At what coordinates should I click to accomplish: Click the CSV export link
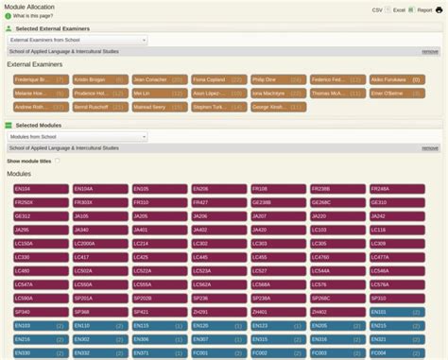(376, 9)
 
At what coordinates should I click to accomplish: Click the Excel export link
(399, 9)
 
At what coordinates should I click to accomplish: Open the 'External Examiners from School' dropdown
(78, 41)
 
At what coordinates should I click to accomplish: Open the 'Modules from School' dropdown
(78, 137)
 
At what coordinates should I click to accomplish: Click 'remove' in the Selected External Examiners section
(429, 52)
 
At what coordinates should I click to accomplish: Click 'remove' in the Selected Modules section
(429, 148)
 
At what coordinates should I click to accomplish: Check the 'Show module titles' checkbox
(57, 162)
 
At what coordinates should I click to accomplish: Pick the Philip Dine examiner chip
(278, 80)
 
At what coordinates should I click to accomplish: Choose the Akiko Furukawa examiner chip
(396, 80)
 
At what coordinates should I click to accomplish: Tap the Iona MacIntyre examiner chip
(278, 94)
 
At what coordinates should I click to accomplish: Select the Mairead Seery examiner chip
(159, 108)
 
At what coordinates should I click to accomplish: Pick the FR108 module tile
(278, 189)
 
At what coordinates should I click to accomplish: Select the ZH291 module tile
(218, 312)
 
